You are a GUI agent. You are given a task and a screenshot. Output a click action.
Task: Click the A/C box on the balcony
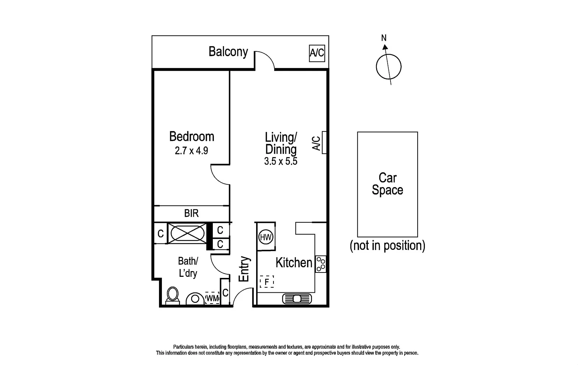coord(317,53)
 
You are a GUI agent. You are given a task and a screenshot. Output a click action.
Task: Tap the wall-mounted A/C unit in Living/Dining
coord(324,143)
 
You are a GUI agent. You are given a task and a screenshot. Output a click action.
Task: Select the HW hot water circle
coord(266,237)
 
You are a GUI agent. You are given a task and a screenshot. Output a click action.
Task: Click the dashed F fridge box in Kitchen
coord(267,282)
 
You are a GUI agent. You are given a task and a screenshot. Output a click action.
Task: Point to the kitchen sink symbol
coord(297,299)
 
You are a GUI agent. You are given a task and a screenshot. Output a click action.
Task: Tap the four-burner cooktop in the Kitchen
coord(320,264)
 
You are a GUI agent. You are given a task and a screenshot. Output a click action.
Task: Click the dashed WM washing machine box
coord(212,298)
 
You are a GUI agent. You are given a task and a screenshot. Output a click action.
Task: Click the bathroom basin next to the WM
coord(195,299)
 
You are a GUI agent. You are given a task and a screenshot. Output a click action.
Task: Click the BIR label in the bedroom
coord(191,213)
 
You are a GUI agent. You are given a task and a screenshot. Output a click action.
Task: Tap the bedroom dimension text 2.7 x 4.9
coord(191,150)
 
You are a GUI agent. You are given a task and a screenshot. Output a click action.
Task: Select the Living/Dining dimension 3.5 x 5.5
coord(280,161)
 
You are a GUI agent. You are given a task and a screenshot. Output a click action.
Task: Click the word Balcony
coord(228,52)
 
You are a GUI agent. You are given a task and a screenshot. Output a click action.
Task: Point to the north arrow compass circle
coord(388,67)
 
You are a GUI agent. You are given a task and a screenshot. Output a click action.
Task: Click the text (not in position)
coord(387,246)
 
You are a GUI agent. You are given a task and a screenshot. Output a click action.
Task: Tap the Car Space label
coord(387,184)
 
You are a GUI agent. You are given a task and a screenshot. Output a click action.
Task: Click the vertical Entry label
coord(245,269)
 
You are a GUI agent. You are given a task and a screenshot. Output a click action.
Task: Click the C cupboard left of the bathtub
coord(161,234)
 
